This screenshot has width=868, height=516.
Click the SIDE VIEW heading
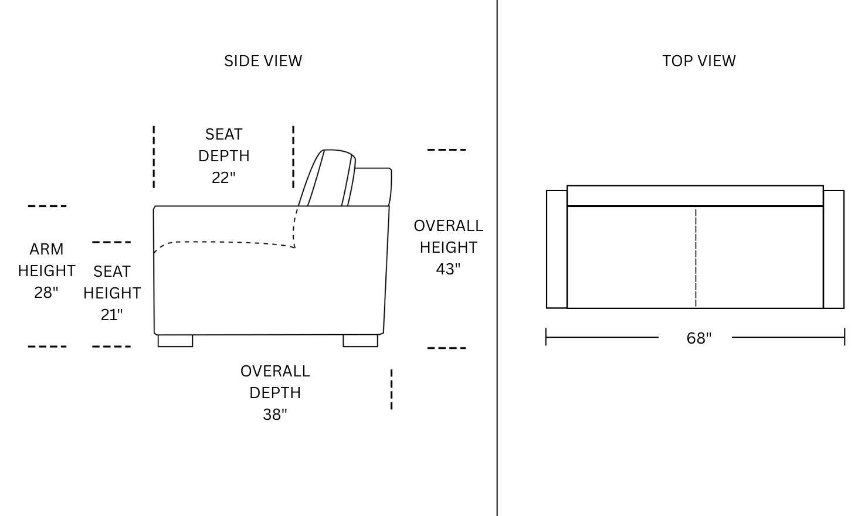click(263, 61)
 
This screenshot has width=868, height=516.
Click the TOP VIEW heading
click(699, 61)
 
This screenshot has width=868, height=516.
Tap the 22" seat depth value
click(223, 178)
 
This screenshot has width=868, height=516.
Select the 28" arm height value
click(46, 293)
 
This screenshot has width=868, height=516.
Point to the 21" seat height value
click(111, 315)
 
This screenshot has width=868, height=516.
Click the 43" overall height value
click(448, 269)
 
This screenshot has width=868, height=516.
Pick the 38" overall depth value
click(274, 415)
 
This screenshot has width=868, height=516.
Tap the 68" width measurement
click(699, 338)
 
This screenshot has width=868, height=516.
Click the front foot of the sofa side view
click(175, 341)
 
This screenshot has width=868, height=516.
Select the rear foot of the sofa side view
click(360, 341)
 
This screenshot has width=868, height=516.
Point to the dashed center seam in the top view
click(696, 257)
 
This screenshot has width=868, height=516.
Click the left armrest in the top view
click(557, 249)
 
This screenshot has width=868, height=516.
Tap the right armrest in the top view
click(833, 249)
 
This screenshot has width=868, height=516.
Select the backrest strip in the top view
click(695, 196)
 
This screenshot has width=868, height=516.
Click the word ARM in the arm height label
click(46, 249)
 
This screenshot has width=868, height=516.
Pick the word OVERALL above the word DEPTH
click(274, 371)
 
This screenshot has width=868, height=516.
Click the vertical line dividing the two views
click(497, 258)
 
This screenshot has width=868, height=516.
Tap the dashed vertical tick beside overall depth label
click(391, 389)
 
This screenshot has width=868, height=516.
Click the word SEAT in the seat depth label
click(223, 134)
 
